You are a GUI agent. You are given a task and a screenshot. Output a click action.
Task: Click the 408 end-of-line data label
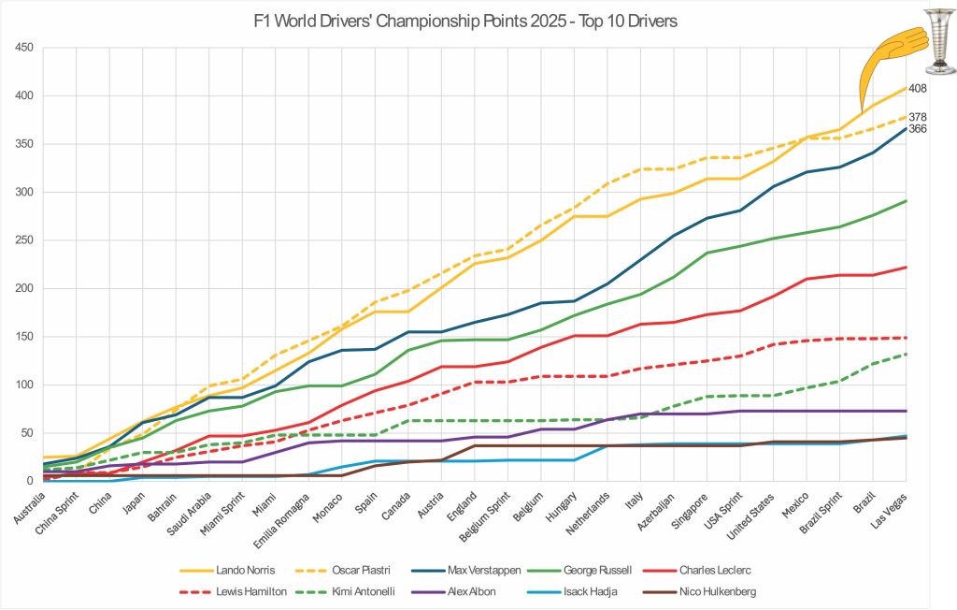tap(917, 89)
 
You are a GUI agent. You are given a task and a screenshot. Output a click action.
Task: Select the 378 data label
tap(917, 117)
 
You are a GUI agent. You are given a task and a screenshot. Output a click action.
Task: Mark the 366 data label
tap(917, 129)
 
